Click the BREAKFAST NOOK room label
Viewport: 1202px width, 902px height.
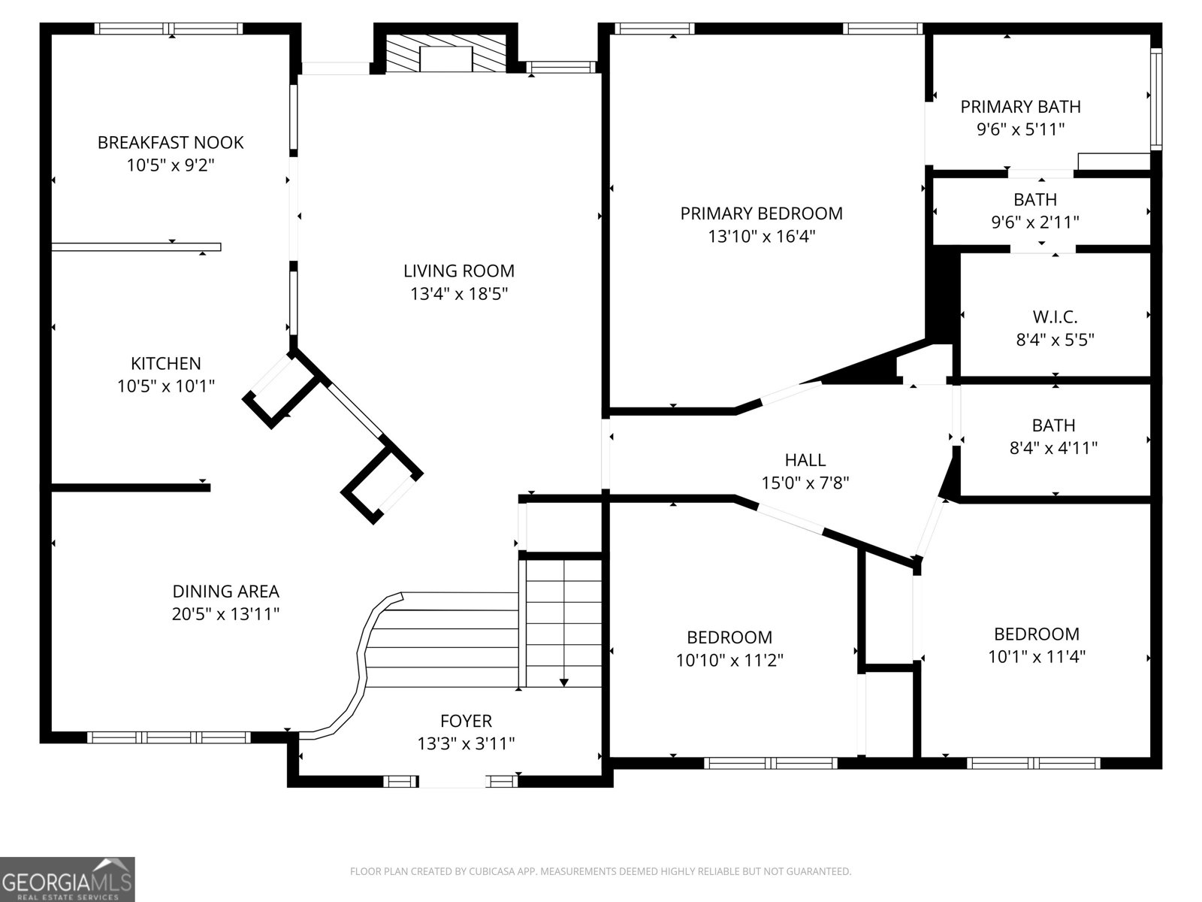(171, 142)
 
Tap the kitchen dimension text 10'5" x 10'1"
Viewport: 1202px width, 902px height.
(166, 386)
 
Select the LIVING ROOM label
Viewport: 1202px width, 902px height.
(458, 271)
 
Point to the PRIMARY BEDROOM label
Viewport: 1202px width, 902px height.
(761, 213)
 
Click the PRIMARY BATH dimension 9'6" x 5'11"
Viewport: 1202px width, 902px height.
(1020, 129)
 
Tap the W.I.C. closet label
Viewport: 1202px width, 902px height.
(1055, 316)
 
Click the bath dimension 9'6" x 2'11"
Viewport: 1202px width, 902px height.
(1034, 222)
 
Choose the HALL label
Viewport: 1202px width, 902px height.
(805, 459)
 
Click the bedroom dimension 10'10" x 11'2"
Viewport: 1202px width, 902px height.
(729, 660)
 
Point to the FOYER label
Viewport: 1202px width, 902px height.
(466, 721)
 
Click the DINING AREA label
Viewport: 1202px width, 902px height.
(225, 592)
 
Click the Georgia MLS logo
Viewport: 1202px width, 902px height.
(68, 879)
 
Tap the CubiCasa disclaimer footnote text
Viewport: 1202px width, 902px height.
(600, 872)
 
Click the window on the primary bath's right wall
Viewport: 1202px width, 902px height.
(1156, 98)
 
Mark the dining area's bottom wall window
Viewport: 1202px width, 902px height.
(169, 737)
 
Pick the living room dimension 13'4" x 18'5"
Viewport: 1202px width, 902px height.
(458, 294)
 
